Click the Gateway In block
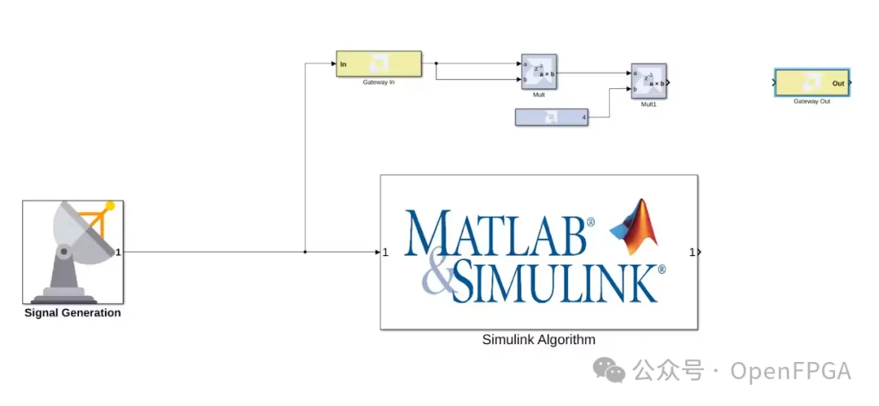point(378,64)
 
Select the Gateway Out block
point(811,83)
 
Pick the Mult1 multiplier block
point(649,82)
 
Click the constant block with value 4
point(551,117)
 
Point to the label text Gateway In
point(378,82)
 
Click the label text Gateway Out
point(811,102)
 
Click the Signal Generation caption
point(72,313)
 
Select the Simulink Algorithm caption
point(539,340)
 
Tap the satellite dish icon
point(73,249)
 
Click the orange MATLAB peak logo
point(634,227)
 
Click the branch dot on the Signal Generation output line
point(305,252)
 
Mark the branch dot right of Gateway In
point(436,63)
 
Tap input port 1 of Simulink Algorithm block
point(385,252)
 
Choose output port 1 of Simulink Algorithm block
point(693,252)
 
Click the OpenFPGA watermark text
point(790,372)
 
